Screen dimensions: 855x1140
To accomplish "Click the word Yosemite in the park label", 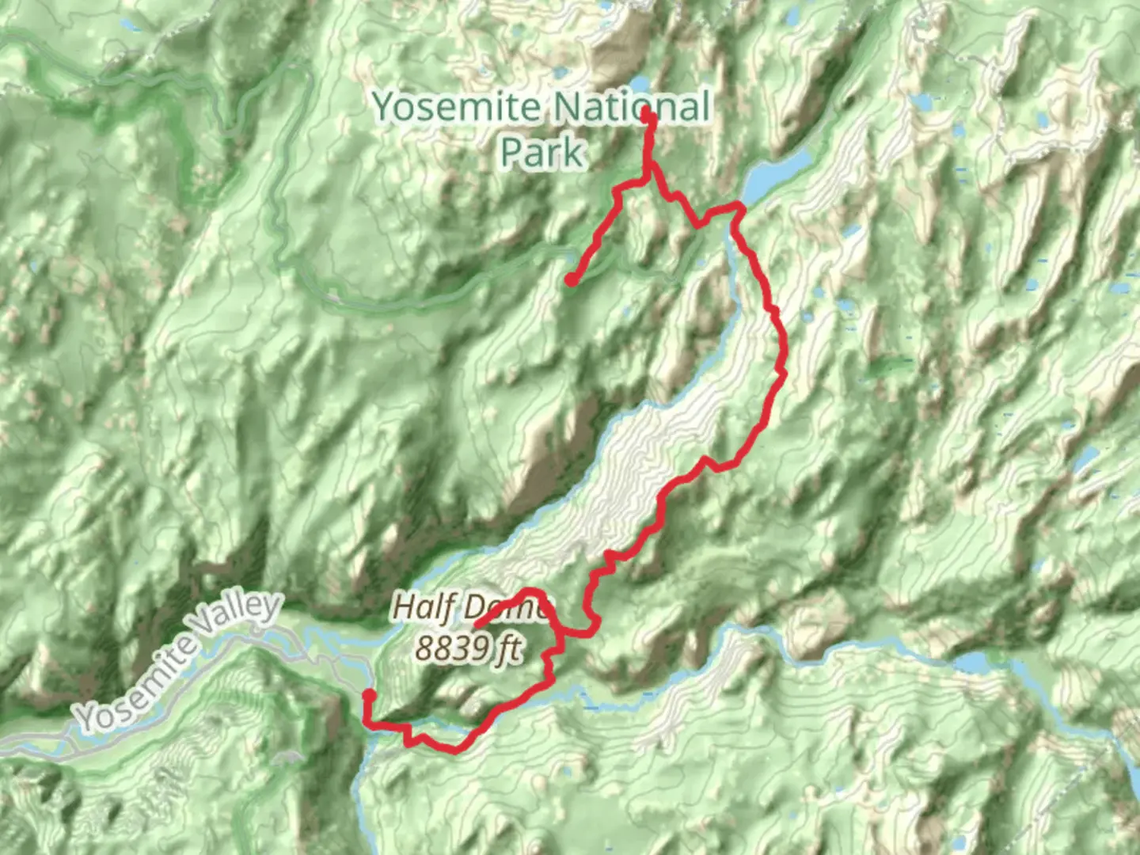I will click(x=457, y=107).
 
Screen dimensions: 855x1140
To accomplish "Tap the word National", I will click(x=631, y=107).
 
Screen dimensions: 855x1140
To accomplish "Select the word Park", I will click(x=542, y=151).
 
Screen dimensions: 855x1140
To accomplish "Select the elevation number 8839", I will click(x=452, y=648).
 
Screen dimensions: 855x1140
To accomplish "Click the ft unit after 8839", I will click(x=507, y=648).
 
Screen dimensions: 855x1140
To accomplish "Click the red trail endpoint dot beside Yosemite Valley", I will click(x=369, y=695).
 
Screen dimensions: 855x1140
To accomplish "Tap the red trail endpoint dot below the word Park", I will click(x=571, y=279).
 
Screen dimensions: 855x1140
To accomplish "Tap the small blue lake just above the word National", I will click(x=638, y=82).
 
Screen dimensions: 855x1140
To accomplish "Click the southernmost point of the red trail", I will click(x=456, y=749).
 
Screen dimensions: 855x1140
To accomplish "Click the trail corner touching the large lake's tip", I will click(x=739, y=206).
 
